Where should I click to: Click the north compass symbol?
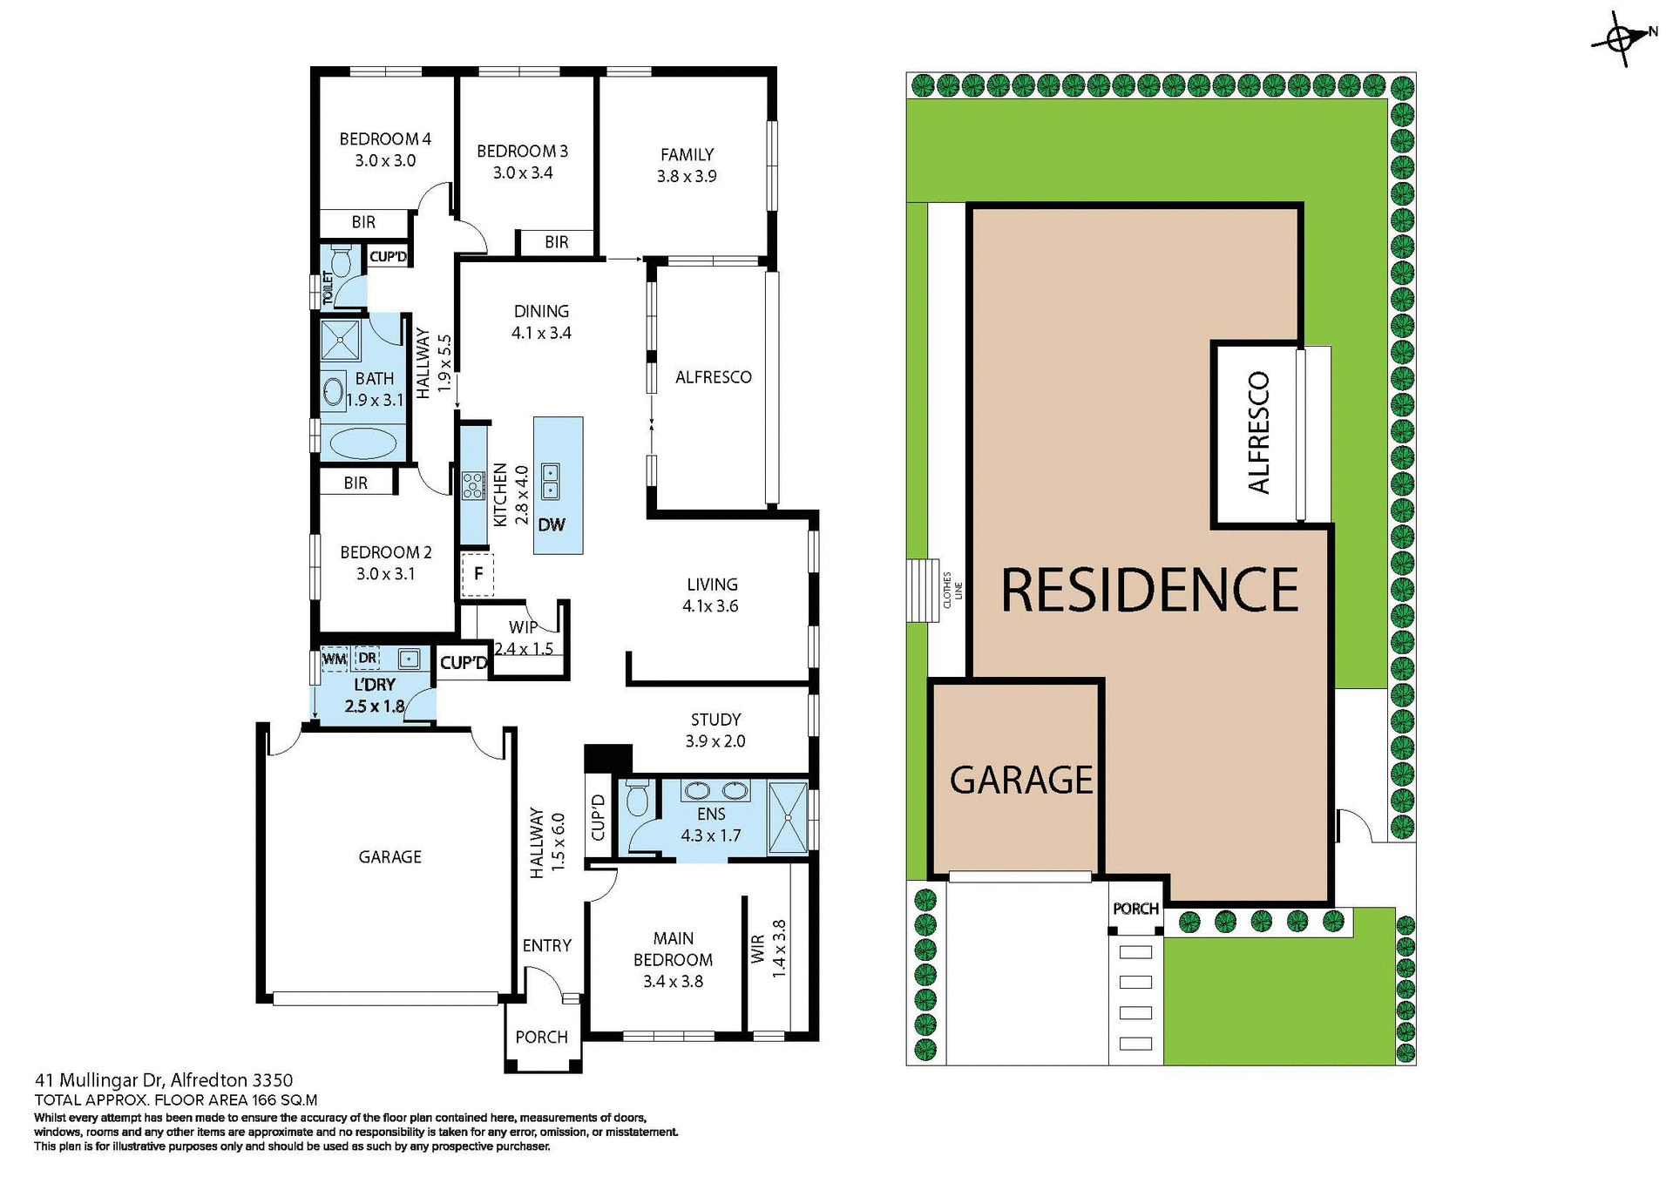click(1622, 38)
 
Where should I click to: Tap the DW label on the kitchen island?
click(552, 524)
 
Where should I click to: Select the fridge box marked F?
click(478, 574)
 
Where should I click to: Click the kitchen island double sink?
click(551, 482)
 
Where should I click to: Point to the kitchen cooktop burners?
click(473, 485)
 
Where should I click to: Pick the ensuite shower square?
click(788, 818)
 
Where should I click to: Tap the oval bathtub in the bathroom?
click(362, 443)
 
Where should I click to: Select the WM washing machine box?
click(335, 659)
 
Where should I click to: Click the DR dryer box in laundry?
click(368, 658)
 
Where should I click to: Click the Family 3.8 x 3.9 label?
click(687, 165)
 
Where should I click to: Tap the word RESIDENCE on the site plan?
click(1149, 591)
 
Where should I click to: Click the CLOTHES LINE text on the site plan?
click(952, 590)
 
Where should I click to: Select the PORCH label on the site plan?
click(1135, 909)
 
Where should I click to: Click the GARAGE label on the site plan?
click(1020, 781)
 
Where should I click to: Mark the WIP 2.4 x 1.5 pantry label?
click(524, 638)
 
